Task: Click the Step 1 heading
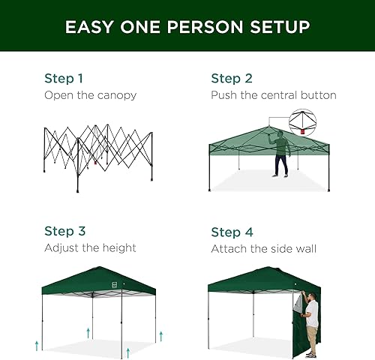(x=64, y=78)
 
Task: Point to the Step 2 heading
(x=232, y=78)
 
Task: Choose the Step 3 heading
(x=64, y=231)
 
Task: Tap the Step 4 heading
(x=232, y=231)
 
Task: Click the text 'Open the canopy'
(x=90, y=95)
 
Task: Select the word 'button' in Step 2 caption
(x=317, y=95)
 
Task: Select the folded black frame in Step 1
(x=97, y=154)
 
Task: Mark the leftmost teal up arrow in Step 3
(x=35, y=346)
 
